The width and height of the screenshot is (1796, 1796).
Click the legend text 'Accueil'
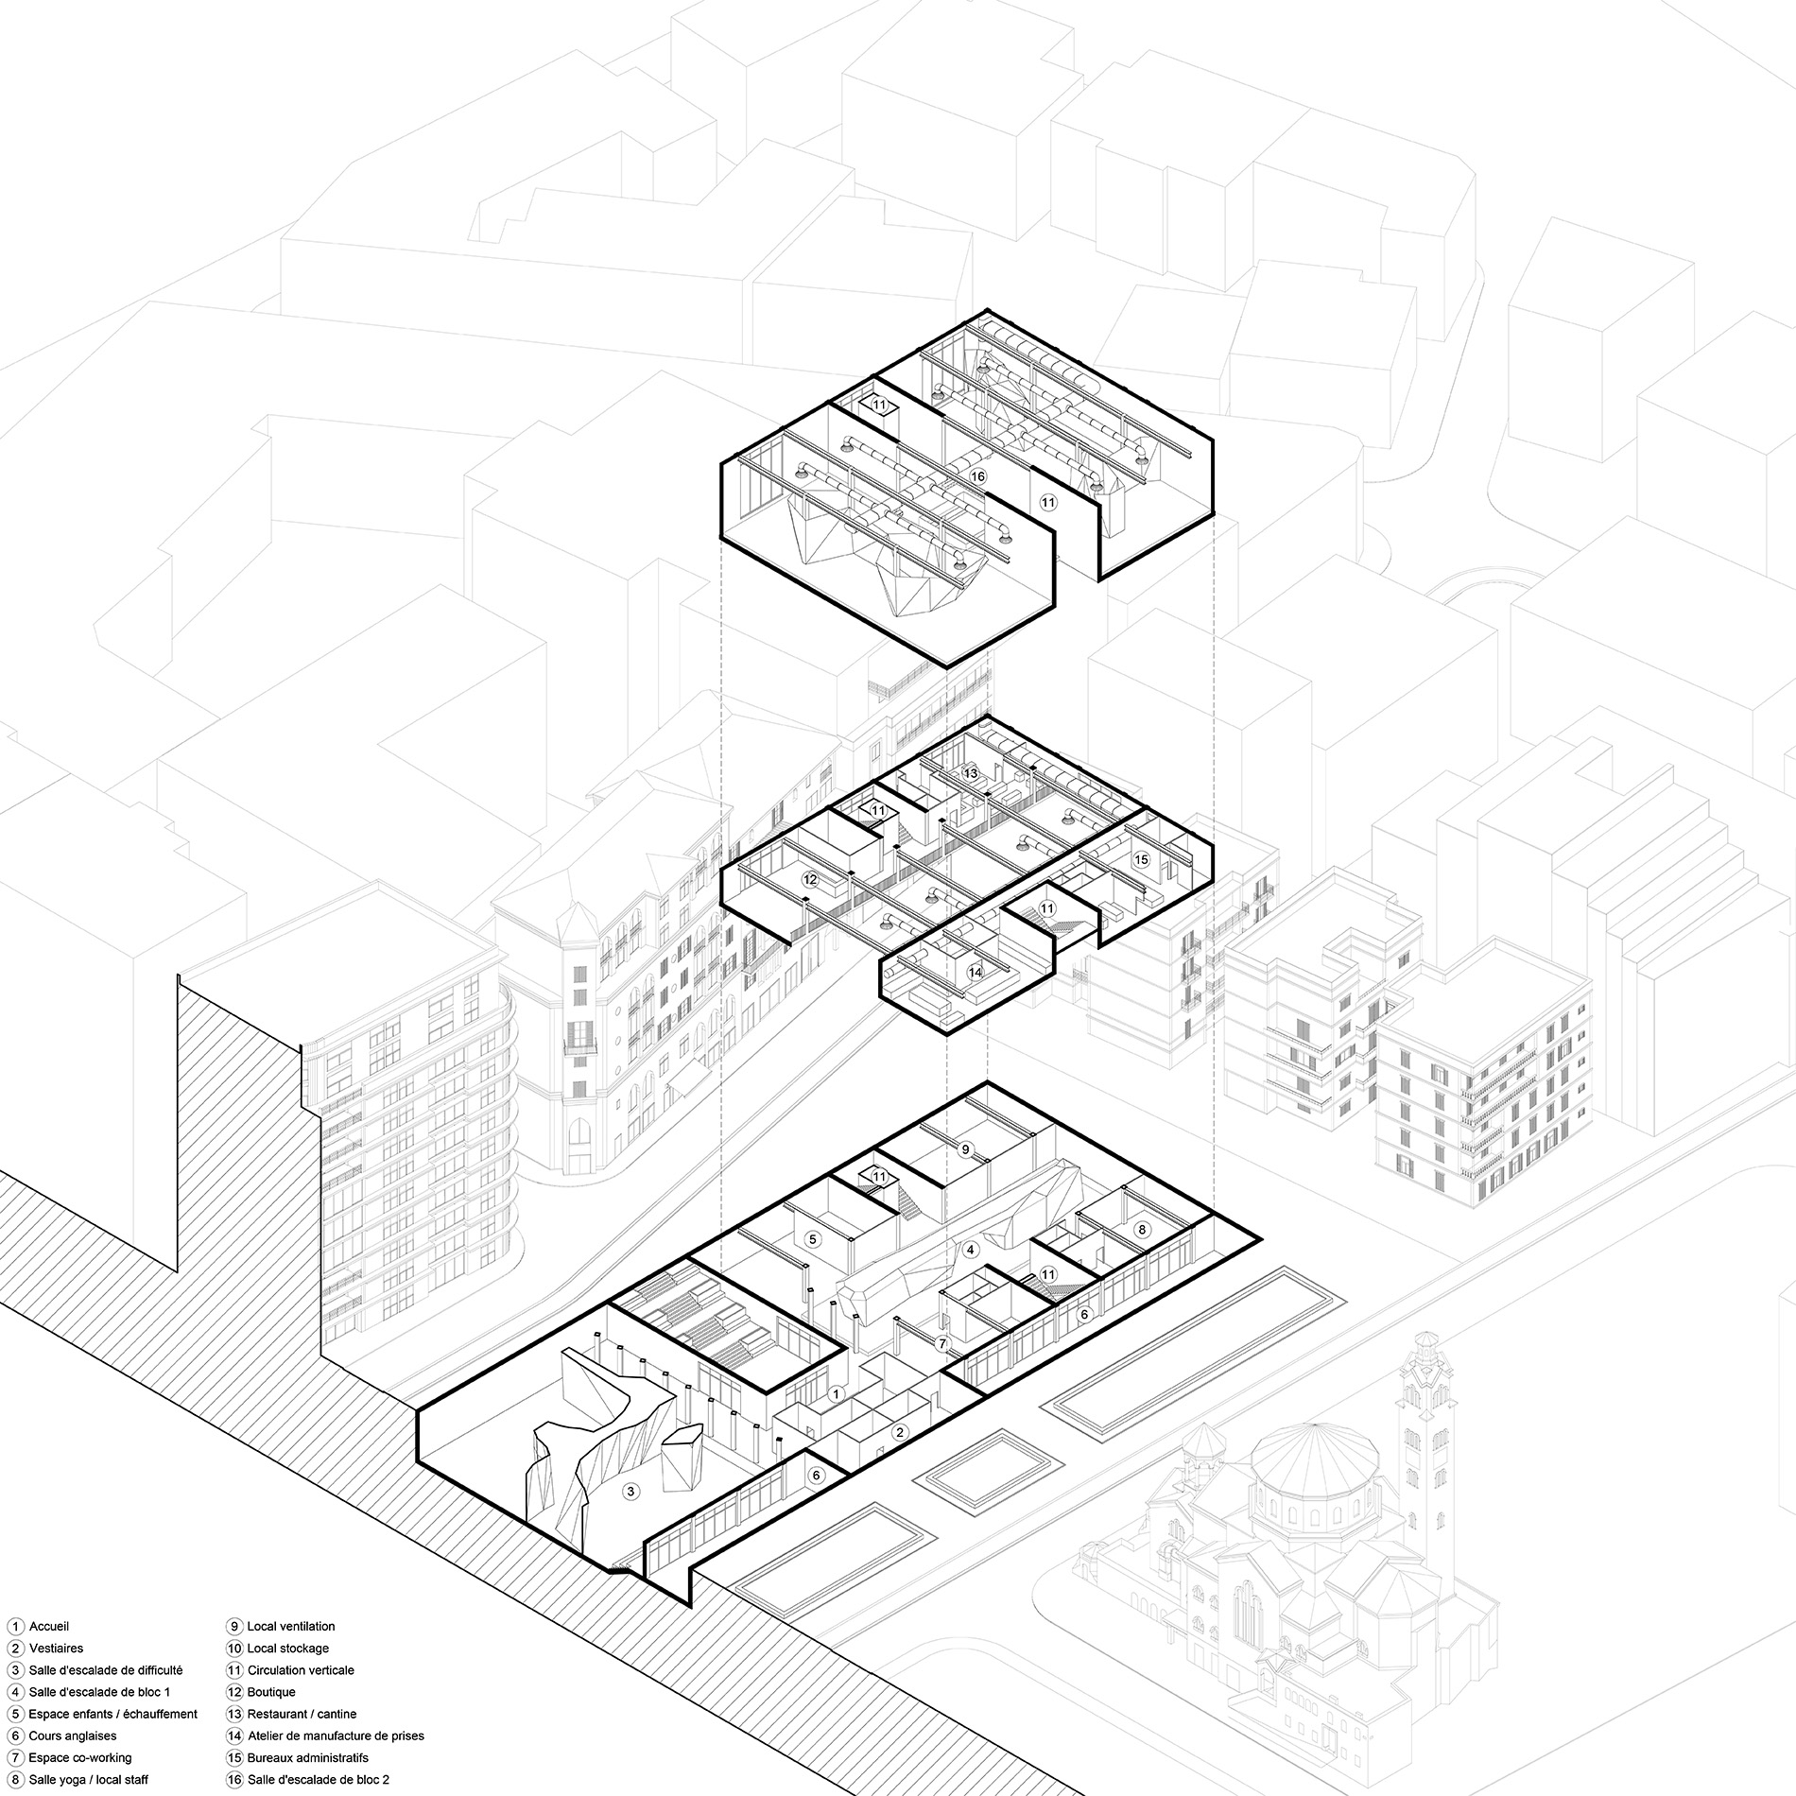(x=49, y=1627)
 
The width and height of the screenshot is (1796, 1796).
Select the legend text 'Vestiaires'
(x=56, y=1648)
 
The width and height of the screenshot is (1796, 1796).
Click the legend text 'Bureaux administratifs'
(x=307, y=1758)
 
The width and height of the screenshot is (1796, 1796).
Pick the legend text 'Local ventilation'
(x=291, y=1627)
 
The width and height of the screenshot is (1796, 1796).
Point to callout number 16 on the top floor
(x=977, y=476)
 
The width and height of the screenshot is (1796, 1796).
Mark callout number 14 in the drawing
(x=976, y=971)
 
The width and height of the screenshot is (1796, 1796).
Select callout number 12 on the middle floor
(x=809, y=879)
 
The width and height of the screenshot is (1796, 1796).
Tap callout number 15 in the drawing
(x=1142, y=859)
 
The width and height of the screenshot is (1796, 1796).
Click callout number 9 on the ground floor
(x=965, y=1148)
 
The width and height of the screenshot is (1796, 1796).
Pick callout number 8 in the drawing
(x=1142, y=1230)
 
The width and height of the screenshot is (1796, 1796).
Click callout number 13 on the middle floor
(x=970, y=773)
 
